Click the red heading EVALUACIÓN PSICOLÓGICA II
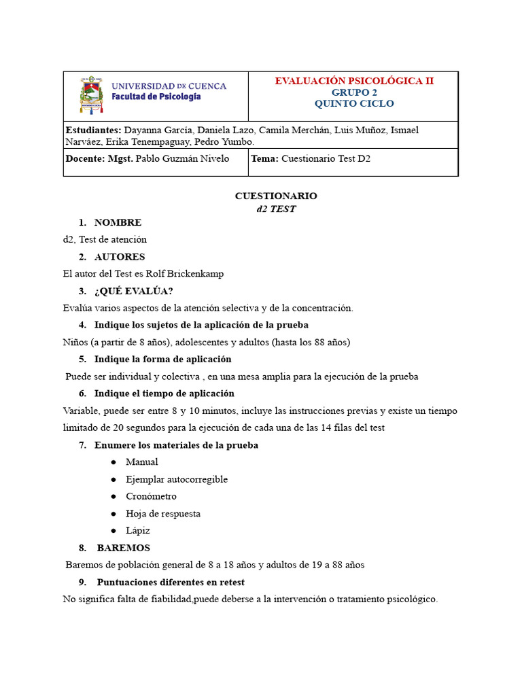(x=353, y=81)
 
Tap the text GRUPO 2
(x=353, y=92)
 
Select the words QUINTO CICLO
(x=353, y=103)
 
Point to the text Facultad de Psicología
(x=156, y=97)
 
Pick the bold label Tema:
(x=264, y=158)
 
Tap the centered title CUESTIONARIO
(x=276, y=196)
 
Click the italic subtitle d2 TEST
(x=276, y=209)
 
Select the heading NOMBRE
(x=118, y=222)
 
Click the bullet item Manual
(x=141, y=462)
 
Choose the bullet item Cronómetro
(x=151, y=496)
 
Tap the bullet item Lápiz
(x=138, y=530)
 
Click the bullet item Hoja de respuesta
(x=163, y=513)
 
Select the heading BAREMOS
(x=123, y=548)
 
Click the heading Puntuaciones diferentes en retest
(x=171, y=582)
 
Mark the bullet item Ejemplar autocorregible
(x=177, y=479)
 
